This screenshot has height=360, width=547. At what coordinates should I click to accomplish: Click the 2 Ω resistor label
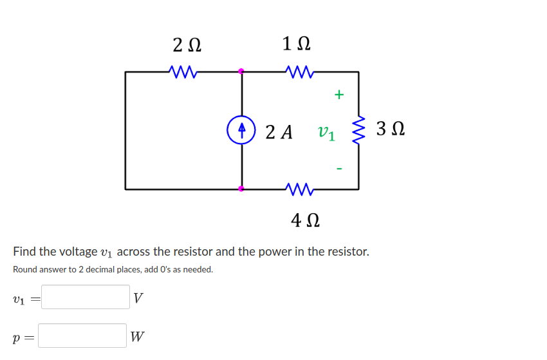coord(187,45)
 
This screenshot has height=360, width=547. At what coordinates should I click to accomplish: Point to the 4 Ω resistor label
coord(306,221)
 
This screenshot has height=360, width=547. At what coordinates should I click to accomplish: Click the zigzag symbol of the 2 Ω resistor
coord(183,71)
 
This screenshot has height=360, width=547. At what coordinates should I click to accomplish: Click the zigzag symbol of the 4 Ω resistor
coord(299,189)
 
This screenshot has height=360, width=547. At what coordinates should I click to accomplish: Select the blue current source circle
coord(241,129)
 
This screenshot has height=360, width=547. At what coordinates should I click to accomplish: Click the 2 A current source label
coord(279,132)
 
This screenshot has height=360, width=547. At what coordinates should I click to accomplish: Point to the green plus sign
coord(339,95)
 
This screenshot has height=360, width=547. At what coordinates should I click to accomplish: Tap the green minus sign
coord(339,169)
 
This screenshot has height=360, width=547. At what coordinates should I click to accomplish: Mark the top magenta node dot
coord(241,71)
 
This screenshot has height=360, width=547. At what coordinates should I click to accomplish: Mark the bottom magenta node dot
coord(241,189)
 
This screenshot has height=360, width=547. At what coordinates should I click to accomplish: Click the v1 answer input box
coord(86,297)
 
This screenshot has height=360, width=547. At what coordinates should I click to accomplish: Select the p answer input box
coord(82,336)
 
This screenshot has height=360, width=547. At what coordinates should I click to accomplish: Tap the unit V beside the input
coord(138,298)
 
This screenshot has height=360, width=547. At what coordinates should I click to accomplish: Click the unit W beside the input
coord(137,336)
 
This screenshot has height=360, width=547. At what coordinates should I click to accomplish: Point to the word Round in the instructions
coord(27,269)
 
